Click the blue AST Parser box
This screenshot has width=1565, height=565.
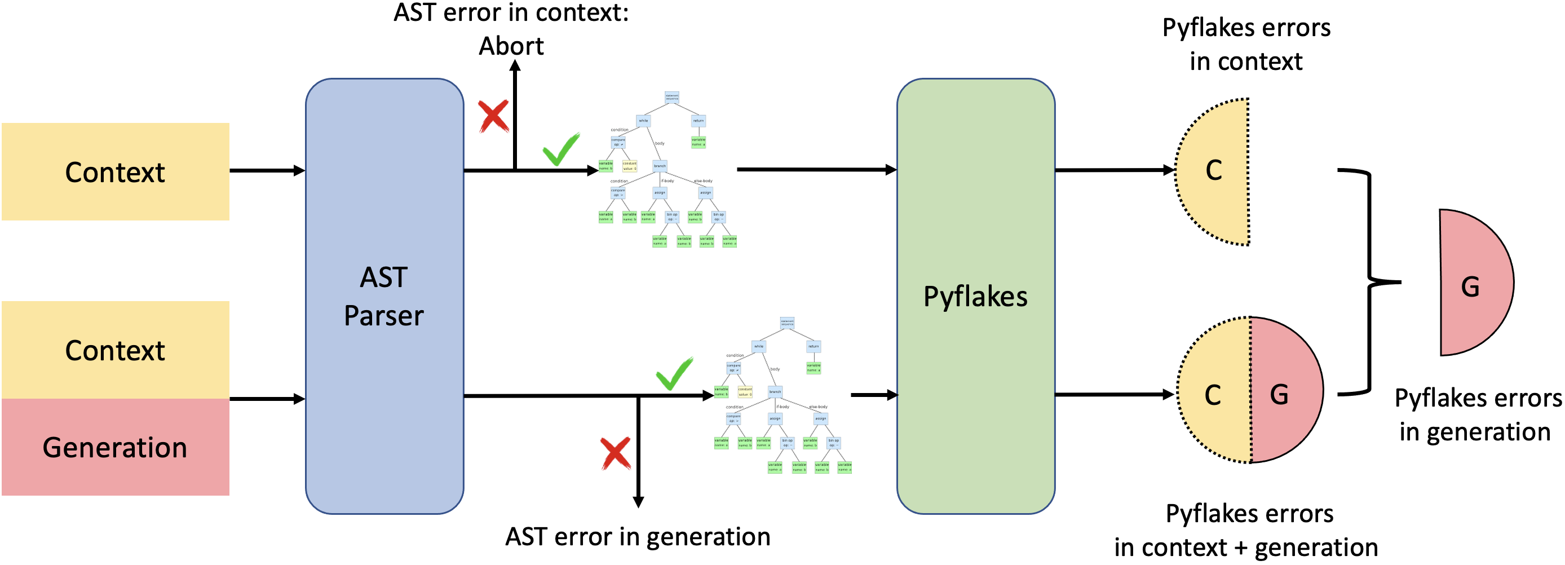pos(384,296)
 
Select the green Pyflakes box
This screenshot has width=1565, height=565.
pos(975,296)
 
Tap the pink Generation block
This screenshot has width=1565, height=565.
pos(116,447)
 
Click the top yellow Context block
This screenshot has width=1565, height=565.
pos(116,172)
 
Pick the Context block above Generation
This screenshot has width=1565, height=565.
pos(116,350)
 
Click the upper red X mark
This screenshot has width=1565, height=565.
pos(493,116)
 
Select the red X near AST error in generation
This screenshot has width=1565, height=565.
pos(616,453)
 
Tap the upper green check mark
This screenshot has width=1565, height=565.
pos(561,149)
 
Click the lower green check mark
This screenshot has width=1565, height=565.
pos(674,374)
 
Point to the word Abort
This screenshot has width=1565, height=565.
pos(511,46)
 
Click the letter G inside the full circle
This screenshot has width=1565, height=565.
pos(1279,395)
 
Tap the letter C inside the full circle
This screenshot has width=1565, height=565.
pos(1213,395)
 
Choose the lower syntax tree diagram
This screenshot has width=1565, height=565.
pos(782,395)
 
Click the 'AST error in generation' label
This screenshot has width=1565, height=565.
pos(637,536)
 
